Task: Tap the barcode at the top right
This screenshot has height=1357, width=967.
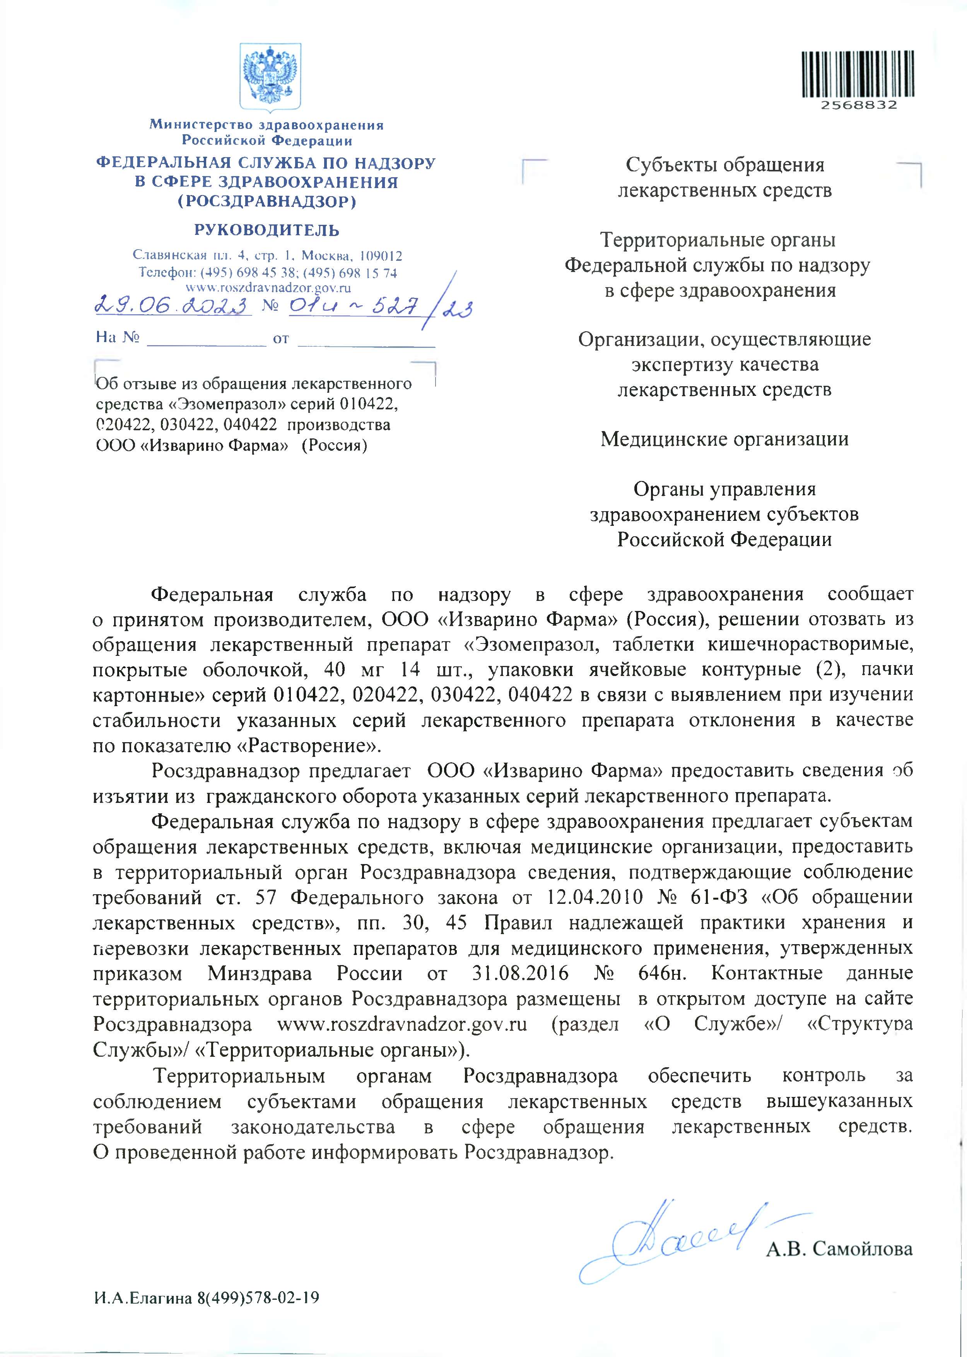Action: tap(859, 74)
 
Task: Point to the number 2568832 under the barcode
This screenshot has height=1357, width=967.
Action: tap(859, 105)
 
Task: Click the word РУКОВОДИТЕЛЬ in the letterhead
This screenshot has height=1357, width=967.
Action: tap(267, 230)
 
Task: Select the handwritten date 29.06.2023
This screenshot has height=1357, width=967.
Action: tap(173, 307)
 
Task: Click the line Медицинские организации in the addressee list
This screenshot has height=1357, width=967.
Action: tap(724, 439)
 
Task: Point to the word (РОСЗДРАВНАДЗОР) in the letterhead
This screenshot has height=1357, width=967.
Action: tap(267, 201)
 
